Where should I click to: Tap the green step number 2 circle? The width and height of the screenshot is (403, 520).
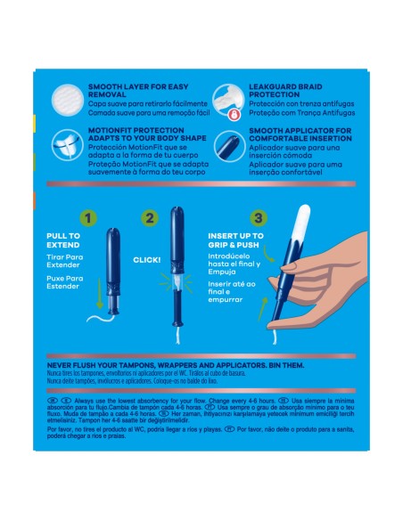pos(151,216)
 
